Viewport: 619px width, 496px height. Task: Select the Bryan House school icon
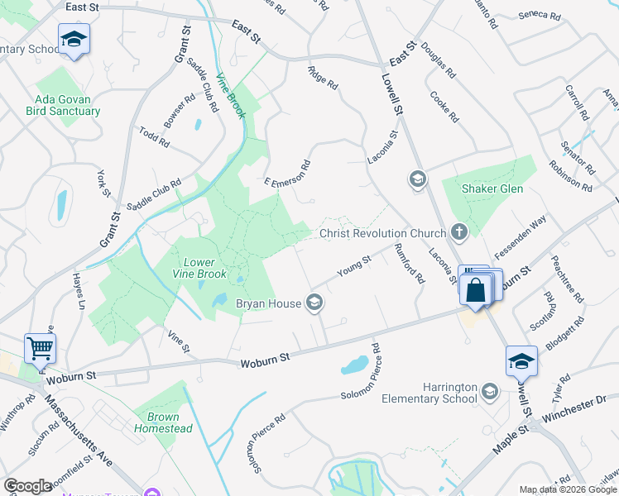coord(314,303)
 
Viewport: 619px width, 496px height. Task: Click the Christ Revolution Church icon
coord(460,233)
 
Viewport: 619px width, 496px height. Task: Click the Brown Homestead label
coord(170,422)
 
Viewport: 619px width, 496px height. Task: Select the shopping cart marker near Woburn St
coord(40,349)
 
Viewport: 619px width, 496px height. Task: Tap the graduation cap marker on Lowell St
coord(521,361)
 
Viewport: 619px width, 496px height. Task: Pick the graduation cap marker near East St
coord(74,39)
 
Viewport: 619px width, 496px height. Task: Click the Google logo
coord(28,486)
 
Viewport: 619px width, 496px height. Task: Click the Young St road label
coord(353,267)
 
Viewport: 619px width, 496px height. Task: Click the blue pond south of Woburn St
coord(355,365)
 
